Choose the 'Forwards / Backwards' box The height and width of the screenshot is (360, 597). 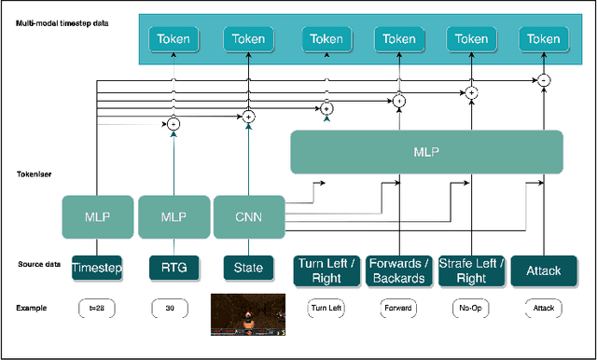point(399,270)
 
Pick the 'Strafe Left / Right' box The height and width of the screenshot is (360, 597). point(471,270)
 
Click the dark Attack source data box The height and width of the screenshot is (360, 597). point(544,270)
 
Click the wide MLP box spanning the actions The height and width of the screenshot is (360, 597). point(427,152)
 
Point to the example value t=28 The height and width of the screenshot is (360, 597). point(97,307)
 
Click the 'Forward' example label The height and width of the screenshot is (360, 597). point(399,307)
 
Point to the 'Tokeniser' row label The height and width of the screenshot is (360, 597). point(35,174)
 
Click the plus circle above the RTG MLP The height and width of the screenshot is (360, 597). point(174,124)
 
